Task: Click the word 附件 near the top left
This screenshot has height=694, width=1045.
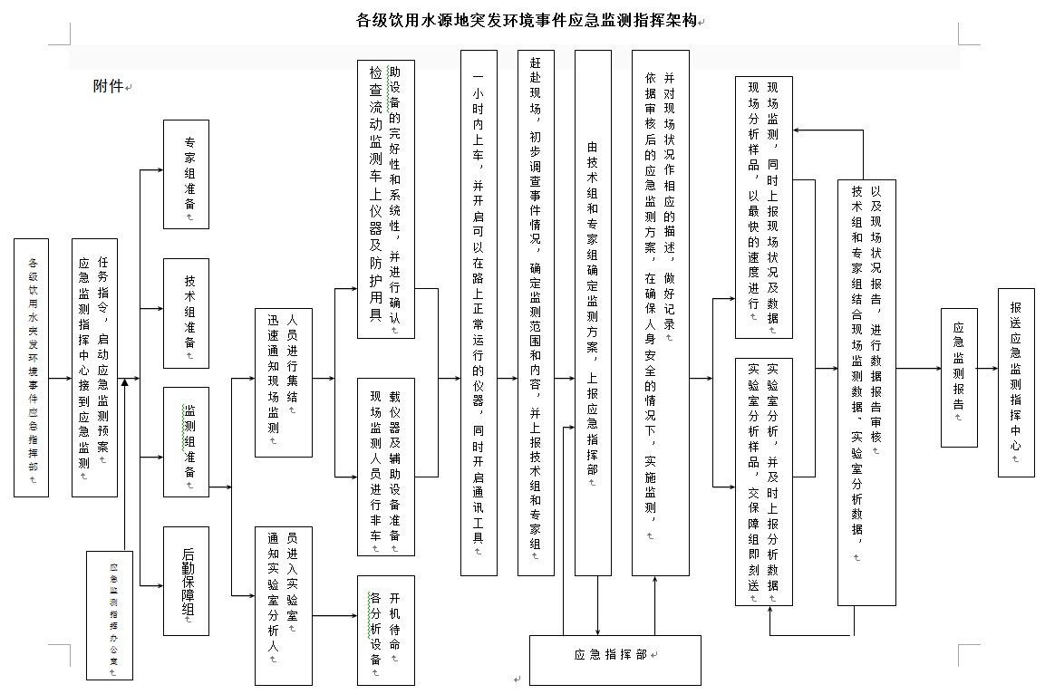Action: coord(108,86)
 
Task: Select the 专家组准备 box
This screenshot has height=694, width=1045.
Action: coord(186,175)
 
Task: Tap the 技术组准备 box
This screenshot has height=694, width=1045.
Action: coord(186,313)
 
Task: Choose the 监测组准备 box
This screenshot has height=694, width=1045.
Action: coord(186,441)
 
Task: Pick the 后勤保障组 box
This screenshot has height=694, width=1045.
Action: coord(186,582)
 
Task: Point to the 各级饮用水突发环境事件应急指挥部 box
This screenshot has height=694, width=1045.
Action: coord(32,368)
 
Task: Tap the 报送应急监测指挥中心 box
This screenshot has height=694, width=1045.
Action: coord(1016,382)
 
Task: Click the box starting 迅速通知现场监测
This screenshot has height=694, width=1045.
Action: coord(283,381)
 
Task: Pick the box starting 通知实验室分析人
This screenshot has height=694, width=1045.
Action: coord(283,605)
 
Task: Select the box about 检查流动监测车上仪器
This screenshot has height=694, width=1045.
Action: coord(386,198)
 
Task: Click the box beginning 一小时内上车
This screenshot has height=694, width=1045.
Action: coord(479,313)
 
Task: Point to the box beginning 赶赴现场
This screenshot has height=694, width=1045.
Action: coord(536,313)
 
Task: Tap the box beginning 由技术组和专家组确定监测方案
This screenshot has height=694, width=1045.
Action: coord(593,313)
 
